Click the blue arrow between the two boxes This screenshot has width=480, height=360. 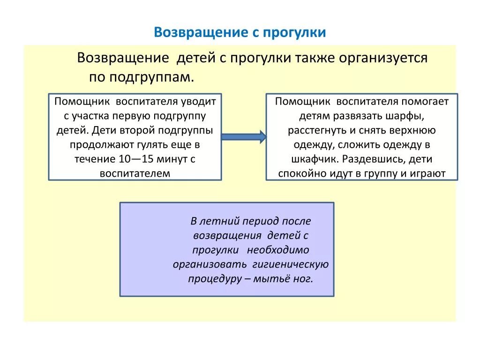tap(243, 137)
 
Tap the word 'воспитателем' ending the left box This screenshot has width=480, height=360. tap(135, 173)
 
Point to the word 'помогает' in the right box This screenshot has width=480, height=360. tap(425, 101)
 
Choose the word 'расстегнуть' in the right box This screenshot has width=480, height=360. tap(314, 130)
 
